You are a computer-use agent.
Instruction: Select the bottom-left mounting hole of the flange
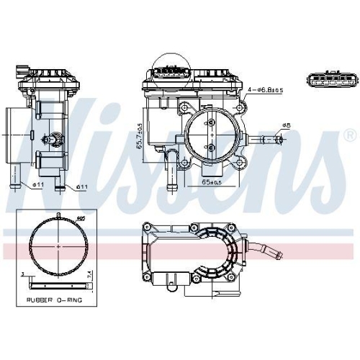point(185,163)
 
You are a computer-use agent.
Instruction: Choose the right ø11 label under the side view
point(81,187)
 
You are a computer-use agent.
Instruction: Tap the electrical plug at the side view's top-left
point(21,73)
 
